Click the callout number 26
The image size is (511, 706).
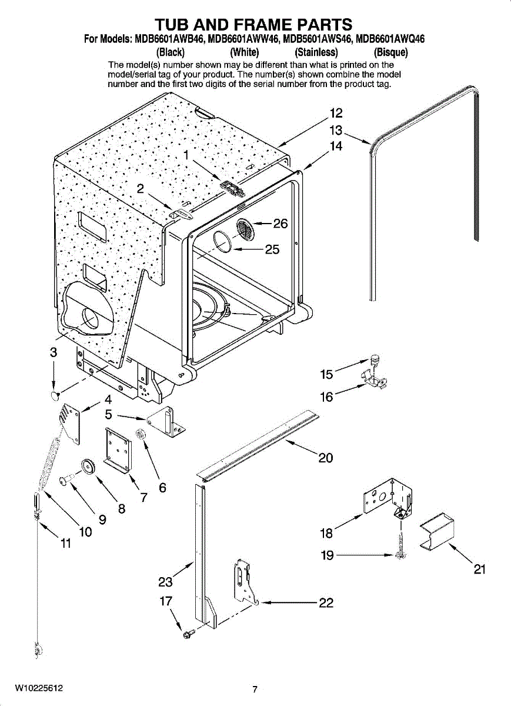click(x=280, y=224)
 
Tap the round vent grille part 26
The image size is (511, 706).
click(x=246, y=229)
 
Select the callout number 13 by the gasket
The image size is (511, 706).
click(x=336, y=130)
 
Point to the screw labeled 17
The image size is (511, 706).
click(x=189, y=635)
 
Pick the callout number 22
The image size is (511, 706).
click(x=326, y=602)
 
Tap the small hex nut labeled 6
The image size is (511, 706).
click(x=141, y=435)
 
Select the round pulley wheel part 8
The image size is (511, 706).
click(x=89, y=465)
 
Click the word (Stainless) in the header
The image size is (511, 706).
click(x=316, y=51)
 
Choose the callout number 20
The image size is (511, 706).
click(x=326, y=457)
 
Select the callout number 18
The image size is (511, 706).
click(x=326, y=533)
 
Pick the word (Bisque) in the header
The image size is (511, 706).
click(x=386, y=51)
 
